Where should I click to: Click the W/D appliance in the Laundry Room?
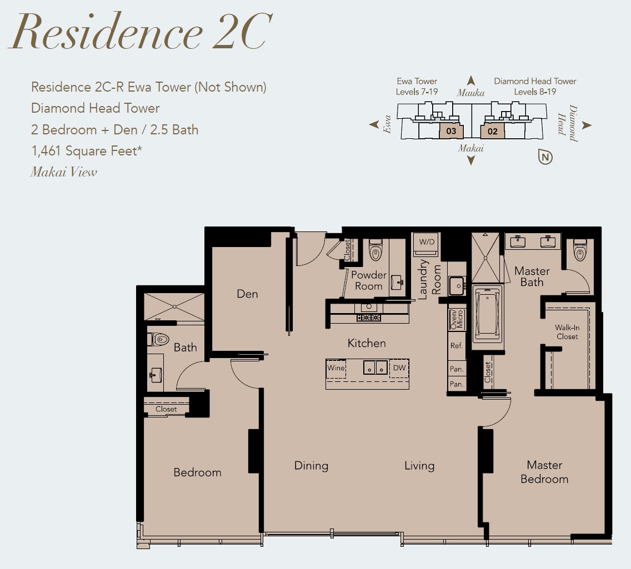click(427, 244)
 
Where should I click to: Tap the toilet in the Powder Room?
click(375, 250)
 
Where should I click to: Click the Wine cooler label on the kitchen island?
click(336, 367)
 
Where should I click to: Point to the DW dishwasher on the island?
click(399, 368)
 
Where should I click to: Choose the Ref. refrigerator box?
click(457, 346)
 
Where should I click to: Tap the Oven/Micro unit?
click(457, 319)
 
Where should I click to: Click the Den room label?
click(247, 294)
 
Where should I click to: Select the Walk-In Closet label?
click(567, 332)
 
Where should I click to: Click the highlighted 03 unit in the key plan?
click(451, 131)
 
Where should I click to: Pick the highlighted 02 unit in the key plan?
click(493, 131)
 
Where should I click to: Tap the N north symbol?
click(545, 157)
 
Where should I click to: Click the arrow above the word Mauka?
click(471, 80)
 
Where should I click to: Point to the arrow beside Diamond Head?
click(587, 125)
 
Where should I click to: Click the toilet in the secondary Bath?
click(158, 339)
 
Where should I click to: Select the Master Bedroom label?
click(544, 472)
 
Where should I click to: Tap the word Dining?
click(311, 466)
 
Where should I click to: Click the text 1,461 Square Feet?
click(87, 151)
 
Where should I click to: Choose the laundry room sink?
click(457, 285)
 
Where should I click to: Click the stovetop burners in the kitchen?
click(369, 318)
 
